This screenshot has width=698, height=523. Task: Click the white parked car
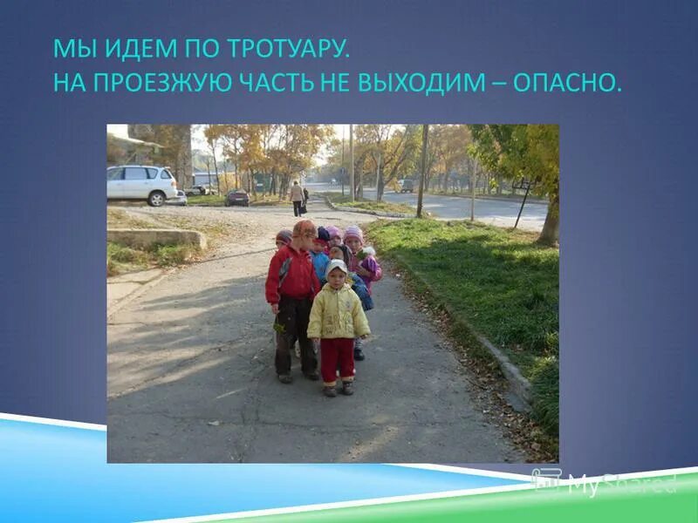point(145,184)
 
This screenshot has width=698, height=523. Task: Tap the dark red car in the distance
point(236,198)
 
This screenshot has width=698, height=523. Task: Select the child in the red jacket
point(292,296)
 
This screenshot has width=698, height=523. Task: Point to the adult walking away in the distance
point(298,198)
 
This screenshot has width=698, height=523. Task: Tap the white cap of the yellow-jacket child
point(337,267)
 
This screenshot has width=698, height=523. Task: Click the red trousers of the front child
point(337,360)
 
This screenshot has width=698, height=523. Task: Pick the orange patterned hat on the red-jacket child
point(305,229)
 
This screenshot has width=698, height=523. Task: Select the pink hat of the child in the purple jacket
point(353,234)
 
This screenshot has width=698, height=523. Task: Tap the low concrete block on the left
point(157,237)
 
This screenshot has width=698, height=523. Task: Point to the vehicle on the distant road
point(406,186)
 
